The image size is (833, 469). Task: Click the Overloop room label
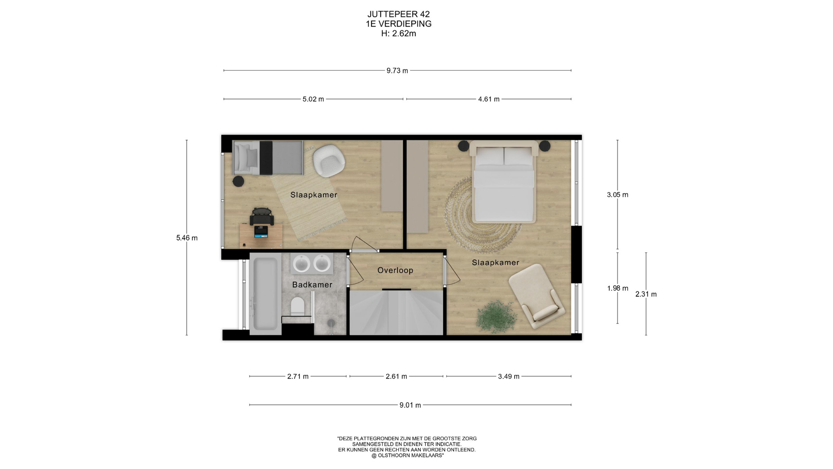395,270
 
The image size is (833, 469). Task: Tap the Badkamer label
312,284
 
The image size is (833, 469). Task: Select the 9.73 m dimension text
397,70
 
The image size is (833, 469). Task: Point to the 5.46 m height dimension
187,238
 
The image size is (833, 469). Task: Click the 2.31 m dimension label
646,294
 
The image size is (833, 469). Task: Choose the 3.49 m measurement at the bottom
508,376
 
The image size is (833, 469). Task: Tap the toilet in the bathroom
297,306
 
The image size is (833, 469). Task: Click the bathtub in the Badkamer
264,294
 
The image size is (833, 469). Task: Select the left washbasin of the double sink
302,263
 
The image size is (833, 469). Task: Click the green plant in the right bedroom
497,316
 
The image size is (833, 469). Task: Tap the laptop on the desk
261,231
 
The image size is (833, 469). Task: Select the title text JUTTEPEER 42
398,14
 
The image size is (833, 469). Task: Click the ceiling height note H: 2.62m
398,33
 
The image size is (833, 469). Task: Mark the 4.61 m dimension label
489,99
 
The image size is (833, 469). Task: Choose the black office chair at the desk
262,216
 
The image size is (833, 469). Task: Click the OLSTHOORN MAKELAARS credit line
407,456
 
